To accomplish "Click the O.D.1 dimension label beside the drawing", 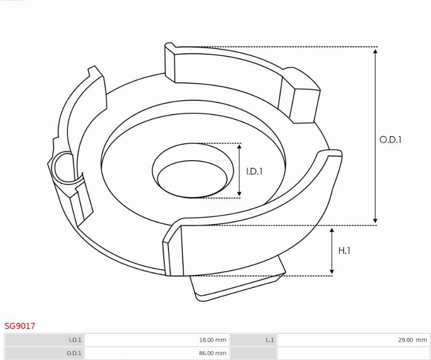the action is point(390,140).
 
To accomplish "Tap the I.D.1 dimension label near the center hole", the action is point(254,172).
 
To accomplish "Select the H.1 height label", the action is point(344,250).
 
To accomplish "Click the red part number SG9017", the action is point(20,326).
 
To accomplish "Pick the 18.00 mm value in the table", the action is point(212,340).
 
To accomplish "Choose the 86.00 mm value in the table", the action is point(212,353).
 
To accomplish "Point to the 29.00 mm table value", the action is point(413,340).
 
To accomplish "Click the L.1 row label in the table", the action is point(270,340).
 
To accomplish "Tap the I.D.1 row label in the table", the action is point(75,340).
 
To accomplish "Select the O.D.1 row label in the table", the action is point(74,353).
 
